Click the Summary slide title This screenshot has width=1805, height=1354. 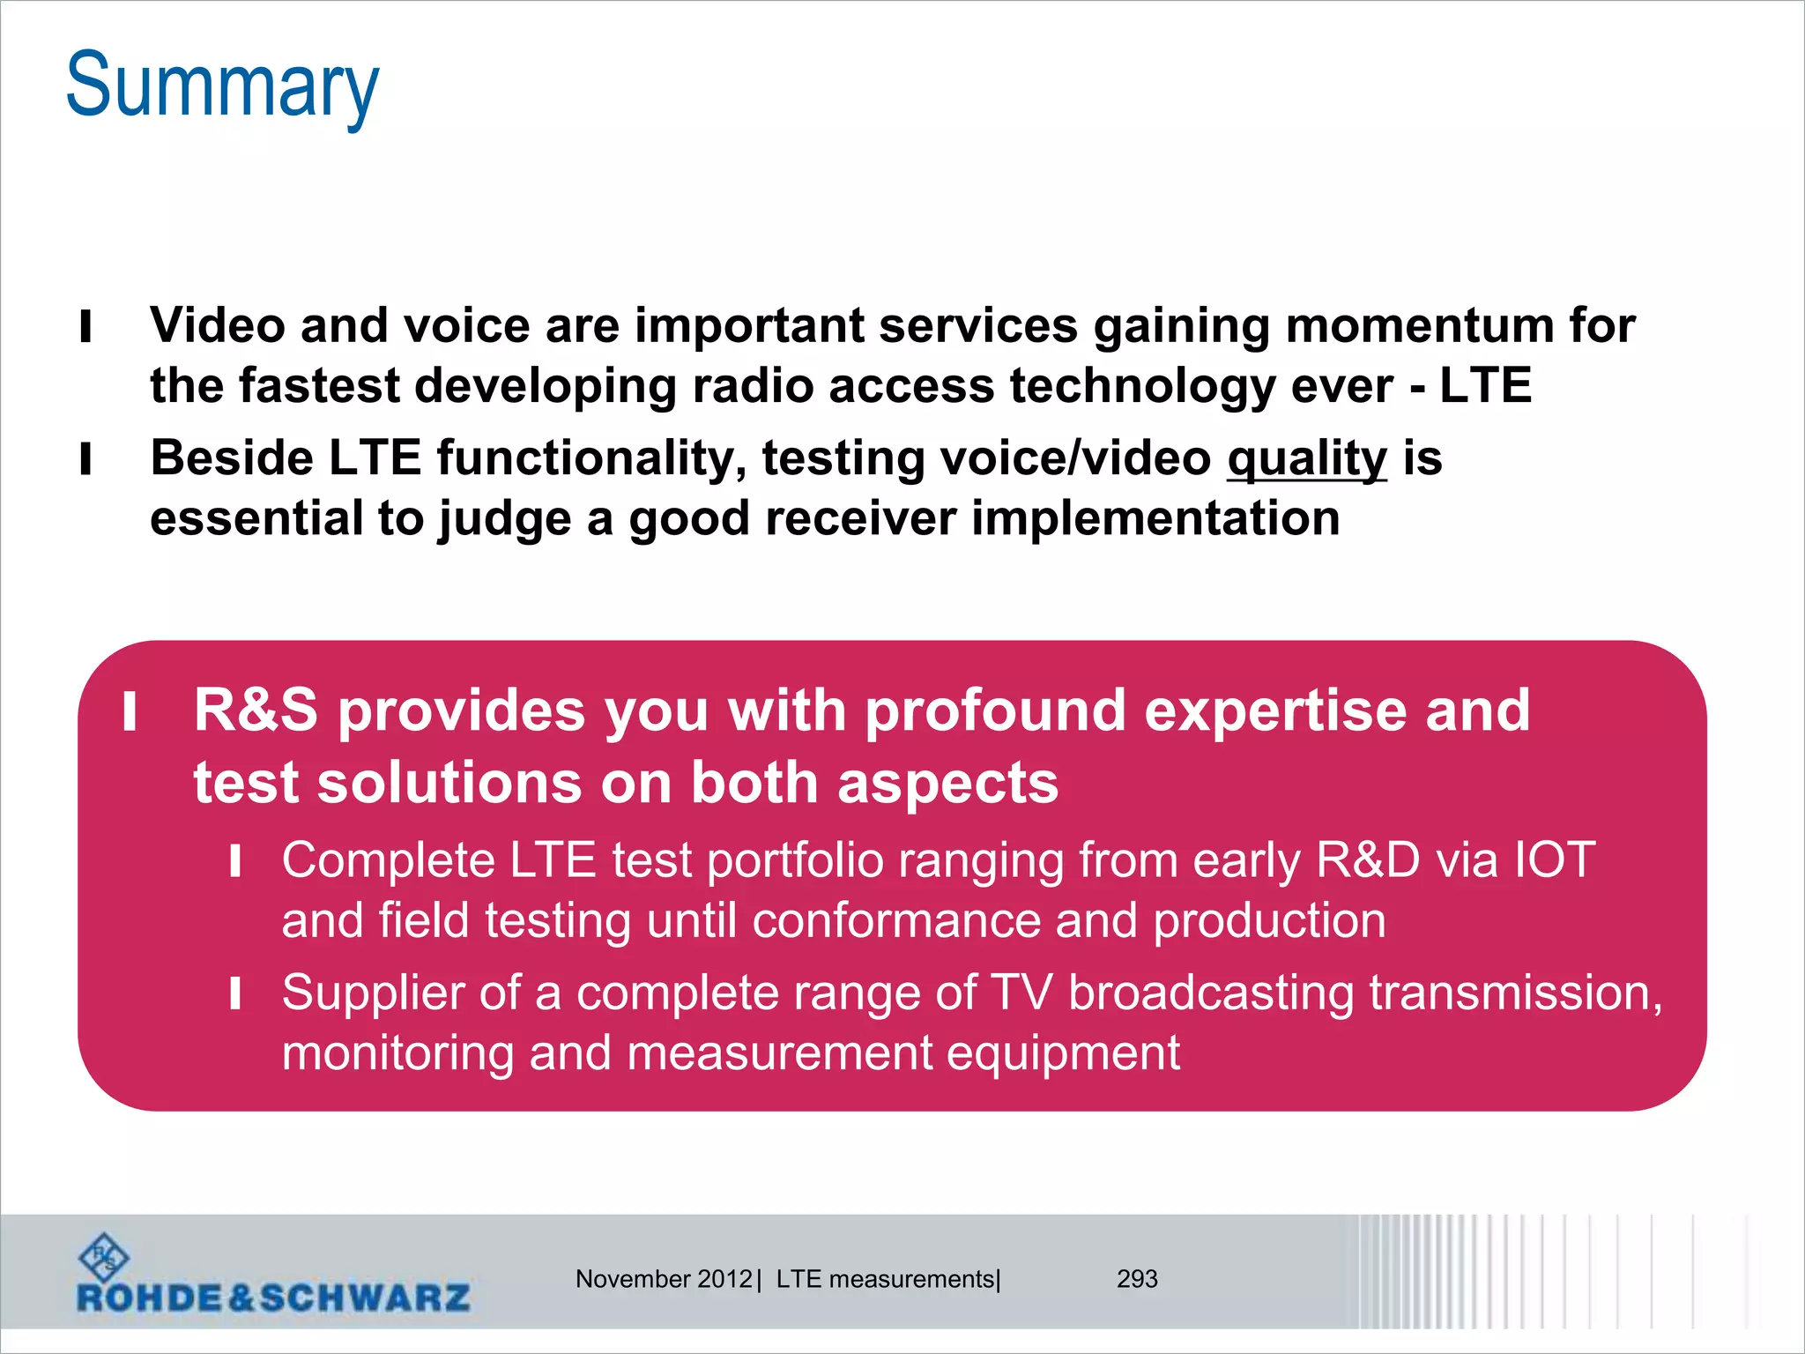222,86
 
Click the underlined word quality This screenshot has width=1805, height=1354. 1306,459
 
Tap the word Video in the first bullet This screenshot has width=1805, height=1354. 217,324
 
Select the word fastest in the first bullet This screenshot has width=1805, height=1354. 319,386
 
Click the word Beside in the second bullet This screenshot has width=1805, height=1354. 231,458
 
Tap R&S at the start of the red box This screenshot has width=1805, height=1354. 256,710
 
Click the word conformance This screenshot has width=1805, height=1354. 896,920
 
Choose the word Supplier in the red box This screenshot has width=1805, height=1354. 373,993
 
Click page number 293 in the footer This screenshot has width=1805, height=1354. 1137,1278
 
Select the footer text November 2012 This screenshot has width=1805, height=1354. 663,1278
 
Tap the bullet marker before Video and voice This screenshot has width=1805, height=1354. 85,326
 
